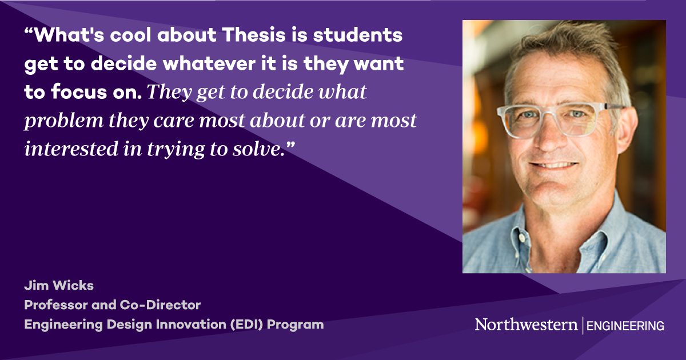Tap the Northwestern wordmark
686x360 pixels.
coord(526,325)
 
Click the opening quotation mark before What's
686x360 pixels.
coord(29,32)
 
